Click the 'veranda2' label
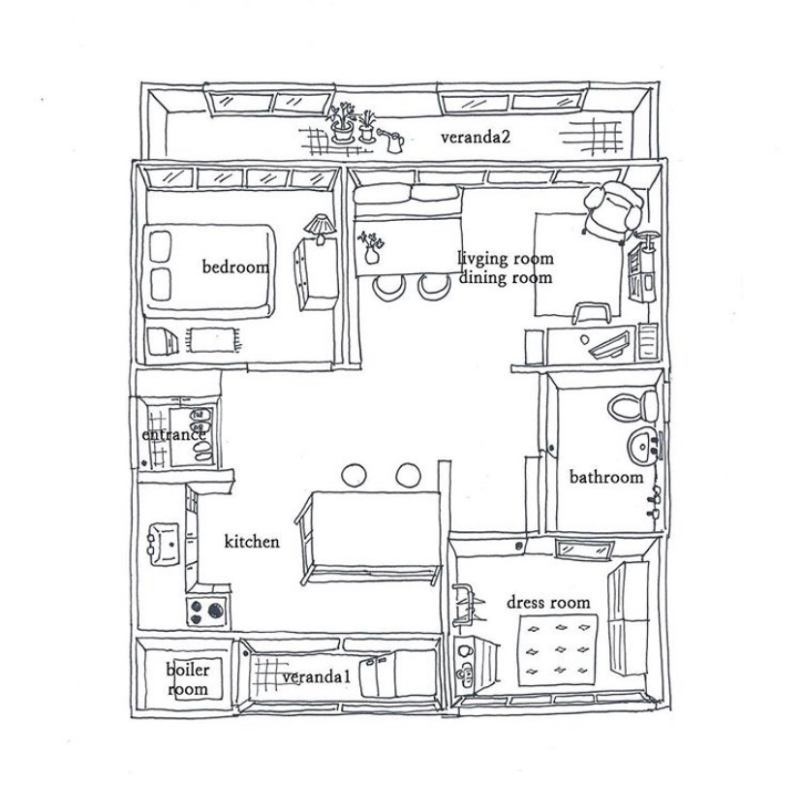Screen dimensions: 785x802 coord(475,137)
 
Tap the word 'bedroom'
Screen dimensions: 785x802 coord(234,266)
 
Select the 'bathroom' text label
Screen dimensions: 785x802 coord(605,477)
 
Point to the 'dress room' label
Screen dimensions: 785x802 coord(548,602)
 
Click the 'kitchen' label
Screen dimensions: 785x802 coord(252,541)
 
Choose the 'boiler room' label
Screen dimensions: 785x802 coord(187,678)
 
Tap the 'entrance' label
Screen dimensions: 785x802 coord(173,435)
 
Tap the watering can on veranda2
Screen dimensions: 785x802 coord(392,141)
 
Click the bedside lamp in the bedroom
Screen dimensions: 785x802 coord(318,227)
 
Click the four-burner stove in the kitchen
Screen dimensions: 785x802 coord(206,612)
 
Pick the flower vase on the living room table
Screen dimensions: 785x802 coord(370,246)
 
